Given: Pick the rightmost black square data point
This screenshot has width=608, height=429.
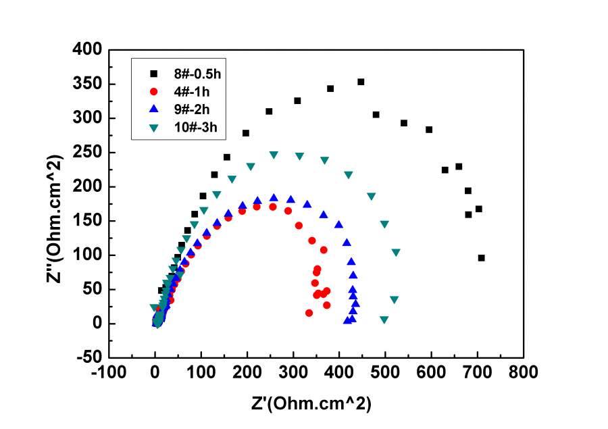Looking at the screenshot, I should pos(482,257).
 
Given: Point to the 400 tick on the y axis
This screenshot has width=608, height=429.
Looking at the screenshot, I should pos(88,50).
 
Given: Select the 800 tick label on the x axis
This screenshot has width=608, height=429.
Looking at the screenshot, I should pos(523,372).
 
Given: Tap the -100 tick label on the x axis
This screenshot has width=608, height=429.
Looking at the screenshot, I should pos(109,372).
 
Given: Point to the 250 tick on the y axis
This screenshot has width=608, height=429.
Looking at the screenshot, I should pos(88,153).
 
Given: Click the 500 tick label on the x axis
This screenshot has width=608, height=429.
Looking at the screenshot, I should pos(385,372).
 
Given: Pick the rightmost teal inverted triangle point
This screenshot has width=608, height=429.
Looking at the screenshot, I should pos(396,252).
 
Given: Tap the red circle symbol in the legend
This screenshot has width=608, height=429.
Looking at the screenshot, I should pos(153,91).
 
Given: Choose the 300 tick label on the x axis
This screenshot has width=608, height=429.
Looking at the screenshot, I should pos(293,372).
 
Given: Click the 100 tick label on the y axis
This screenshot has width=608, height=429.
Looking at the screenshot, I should pos(88,255).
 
